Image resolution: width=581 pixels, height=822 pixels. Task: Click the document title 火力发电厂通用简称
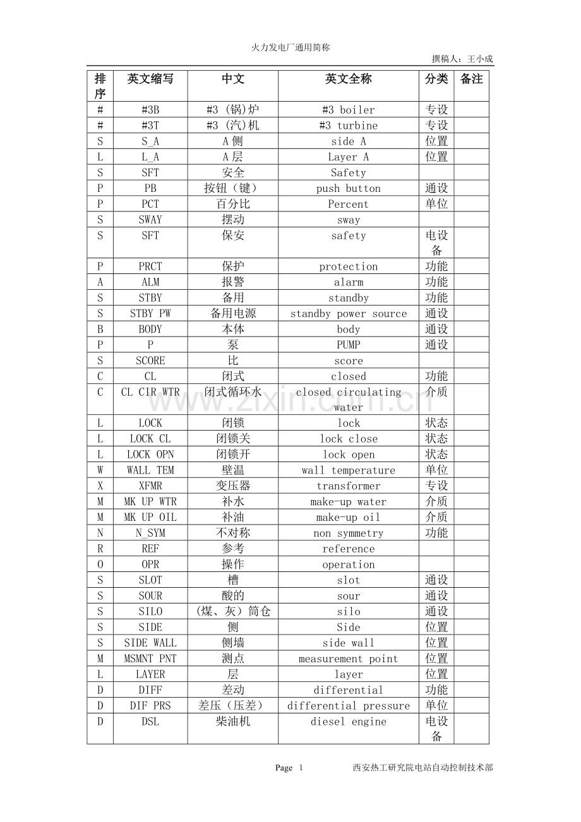click(290, 47)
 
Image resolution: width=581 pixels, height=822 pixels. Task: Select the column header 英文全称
click(348, 79)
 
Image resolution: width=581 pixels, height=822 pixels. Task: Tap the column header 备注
click(471, 79)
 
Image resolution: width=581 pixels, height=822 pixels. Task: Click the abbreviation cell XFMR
click(150, 486)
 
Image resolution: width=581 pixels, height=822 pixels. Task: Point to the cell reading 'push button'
click(348, 189)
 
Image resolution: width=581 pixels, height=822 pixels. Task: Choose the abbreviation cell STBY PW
click(150, 314)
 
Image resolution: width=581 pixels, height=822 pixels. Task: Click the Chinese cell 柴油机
click(232, 722)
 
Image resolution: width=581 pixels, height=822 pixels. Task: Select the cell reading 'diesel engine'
click(348, 722)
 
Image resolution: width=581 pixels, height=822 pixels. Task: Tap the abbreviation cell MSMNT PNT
click(150, 659)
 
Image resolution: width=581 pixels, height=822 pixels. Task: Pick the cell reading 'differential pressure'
click(348, 706)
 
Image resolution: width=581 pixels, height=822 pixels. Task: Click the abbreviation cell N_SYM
click(150, 533)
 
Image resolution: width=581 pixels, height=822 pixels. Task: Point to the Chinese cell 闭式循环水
click(232, 392)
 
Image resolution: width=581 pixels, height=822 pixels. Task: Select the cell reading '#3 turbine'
click(348, 126)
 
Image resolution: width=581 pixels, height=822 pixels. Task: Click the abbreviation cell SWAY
click(150, 220)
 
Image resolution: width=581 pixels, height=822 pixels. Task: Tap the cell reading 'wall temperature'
click(348, 470)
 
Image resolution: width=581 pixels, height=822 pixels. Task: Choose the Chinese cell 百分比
click(232, 205)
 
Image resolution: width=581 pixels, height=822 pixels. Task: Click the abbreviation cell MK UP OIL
click(150, 518)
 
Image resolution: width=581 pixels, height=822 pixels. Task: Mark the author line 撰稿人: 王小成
click(462, 59)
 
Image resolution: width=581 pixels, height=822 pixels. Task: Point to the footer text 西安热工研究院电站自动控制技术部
click(422, 768)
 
